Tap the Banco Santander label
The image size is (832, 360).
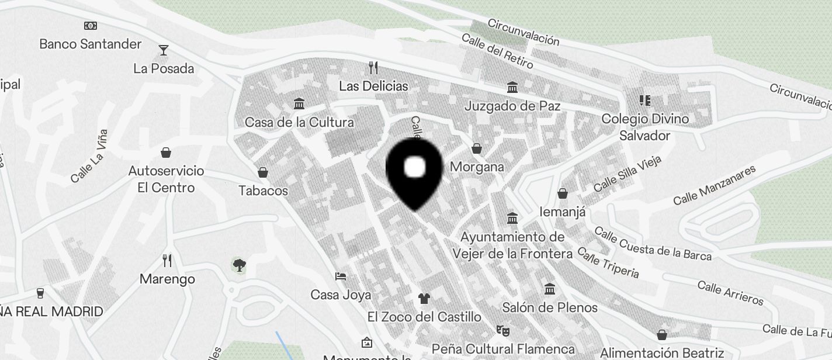[x=91, y=44]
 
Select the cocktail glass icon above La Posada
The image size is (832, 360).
[x=164, y=50]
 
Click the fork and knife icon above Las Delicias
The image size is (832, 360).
[x=374, y=67]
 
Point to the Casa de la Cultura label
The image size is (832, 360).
[x=299, y=123]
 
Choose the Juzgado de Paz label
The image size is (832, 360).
[x=512, y=106]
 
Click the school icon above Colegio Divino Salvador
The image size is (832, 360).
[x=645, y=101]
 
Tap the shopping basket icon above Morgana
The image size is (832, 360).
[x=477, y=148]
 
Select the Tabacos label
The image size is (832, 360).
[x=263, y=191]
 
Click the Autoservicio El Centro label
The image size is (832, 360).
[x=167, y=179]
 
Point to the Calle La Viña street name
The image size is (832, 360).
[x=89, y=156]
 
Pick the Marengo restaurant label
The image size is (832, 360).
[x=167, y=279]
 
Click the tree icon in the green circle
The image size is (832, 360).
[x=238, y=265]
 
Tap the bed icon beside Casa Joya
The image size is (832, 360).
[x=341, y=276]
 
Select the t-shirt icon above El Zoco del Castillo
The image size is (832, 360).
[x=424, y=298]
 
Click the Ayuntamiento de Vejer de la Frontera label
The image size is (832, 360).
[x=512, y=245]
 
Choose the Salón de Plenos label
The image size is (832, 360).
[x=550, y=307]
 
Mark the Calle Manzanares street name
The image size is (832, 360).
[x=714, y=185]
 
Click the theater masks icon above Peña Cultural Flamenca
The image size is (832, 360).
[x=502, y=330]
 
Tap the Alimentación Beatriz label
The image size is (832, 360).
[x=662, y=353]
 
